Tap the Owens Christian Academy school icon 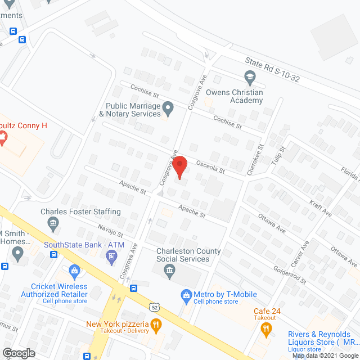pos(249,76)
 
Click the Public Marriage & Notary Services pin pos(168,106)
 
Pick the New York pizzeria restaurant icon pos(156,324)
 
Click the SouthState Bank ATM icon pos(111,257)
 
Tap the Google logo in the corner pos(19,353)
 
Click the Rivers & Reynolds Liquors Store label pos(319,338)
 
